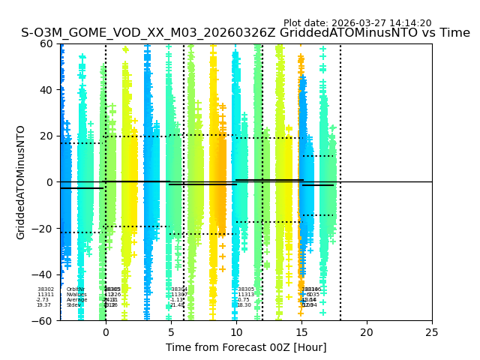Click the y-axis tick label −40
(43, 274)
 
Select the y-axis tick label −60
(43, 321)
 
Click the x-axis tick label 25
(432, 332)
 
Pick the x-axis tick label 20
(367, 332)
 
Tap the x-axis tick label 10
(236, 332)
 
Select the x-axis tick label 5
(171, 332)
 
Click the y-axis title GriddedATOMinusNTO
(21, 182)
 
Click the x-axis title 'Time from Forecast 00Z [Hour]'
(246, 347)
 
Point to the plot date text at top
(357, 23)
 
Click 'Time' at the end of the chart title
(453, 33)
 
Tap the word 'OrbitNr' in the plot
(76, 289)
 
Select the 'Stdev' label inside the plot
(73, 305)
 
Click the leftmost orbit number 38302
(46, 289)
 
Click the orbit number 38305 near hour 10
(246, 289)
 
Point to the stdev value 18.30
(244, 305)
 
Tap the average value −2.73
(43, 300)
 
